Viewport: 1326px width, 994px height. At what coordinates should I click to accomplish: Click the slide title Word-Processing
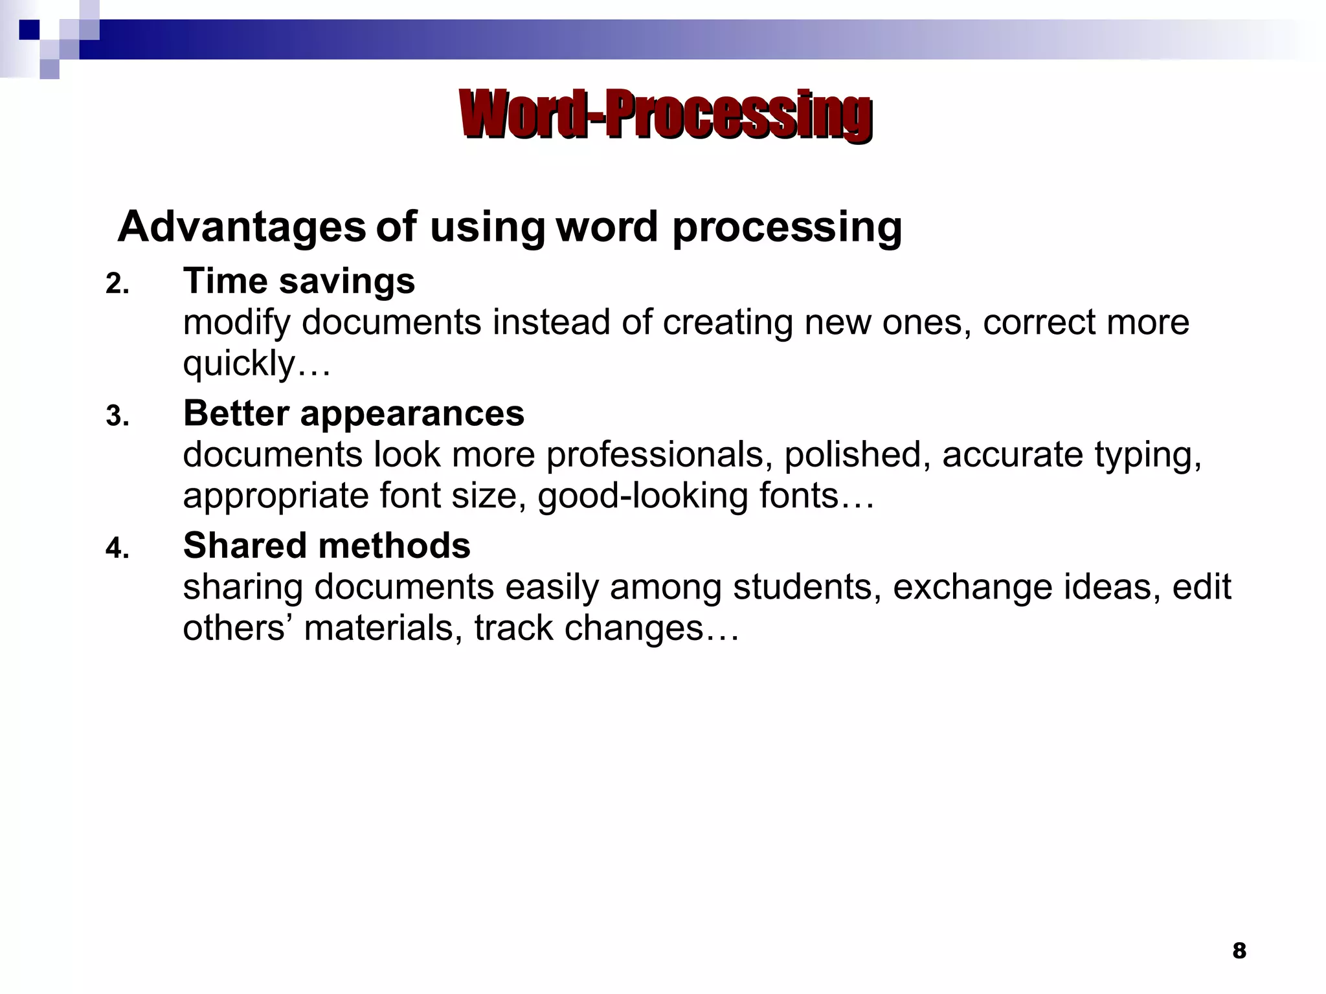click(666, 115)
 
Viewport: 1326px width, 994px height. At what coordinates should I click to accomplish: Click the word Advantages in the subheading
click(242, 227)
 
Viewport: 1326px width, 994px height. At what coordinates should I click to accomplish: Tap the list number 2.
click(117, 285)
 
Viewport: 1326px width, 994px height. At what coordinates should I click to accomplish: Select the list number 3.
click(117, 417)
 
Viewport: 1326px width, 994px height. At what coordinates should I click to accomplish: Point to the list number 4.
click(117, 549)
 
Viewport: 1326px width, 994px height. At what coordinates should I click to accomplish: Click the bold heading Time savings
click(299, 282)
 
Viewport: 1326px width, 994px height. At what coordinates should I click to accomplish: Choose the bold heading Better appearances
click(354, 414)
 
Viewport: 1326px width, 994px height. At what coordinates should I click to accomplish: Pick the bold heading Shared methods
click(326, 546)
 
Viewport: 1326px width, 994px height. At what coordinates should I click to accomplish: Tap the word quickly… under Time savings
click(257, 364)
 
